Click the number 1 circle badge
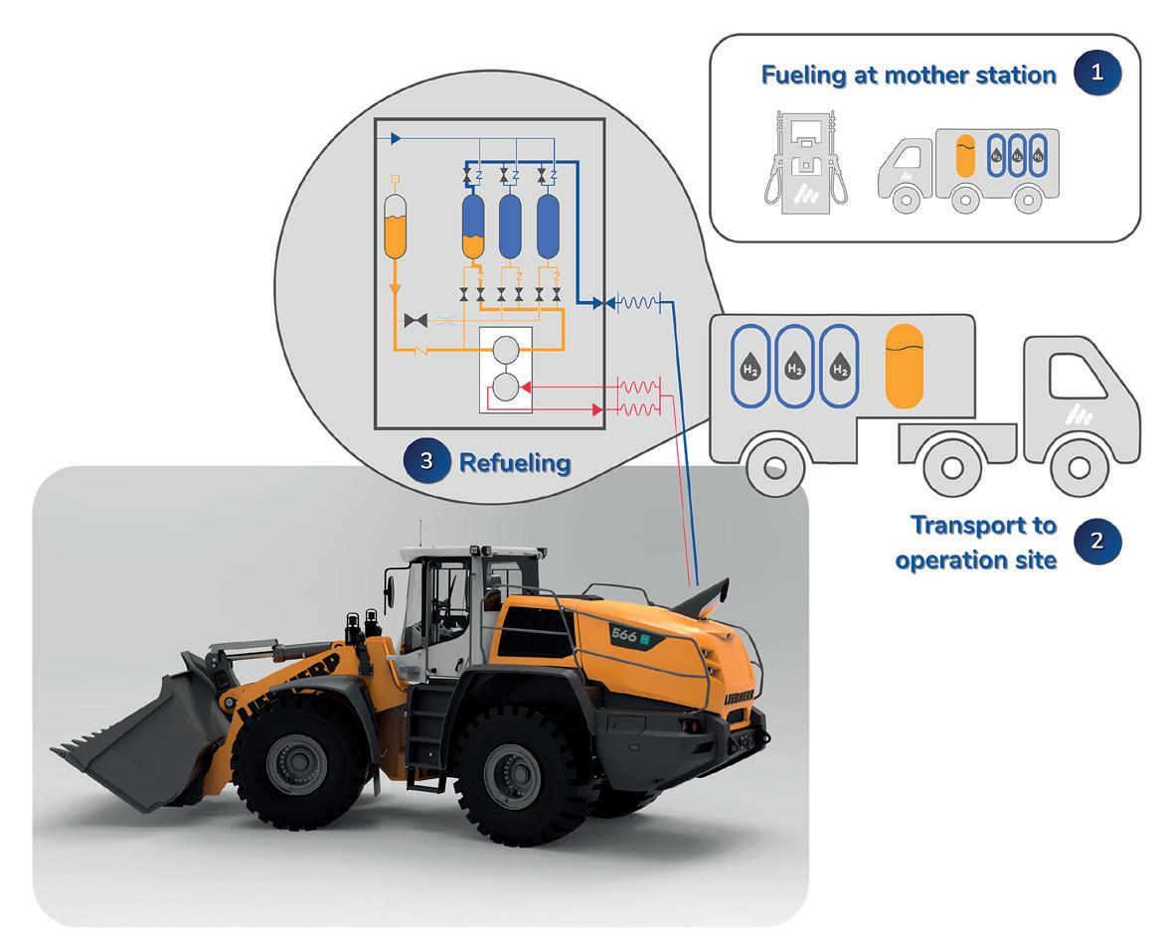(x=1097, y=75)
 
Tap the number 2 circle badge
(x=1097, y=542)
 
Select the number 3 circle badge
(x=426, y=462)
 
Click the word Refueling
(x=515, y=462)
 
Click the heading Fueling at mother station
(x=909, y=76)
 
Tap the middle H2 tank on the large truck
(x=794, y=365)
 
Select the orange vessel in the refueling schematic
(x=395, y=228)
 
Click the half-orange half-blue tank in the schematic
(x=472, y=228)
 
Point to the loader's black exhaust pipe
(x=708, y=593)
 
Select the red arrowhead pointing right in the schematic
(x=596, y=408)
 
